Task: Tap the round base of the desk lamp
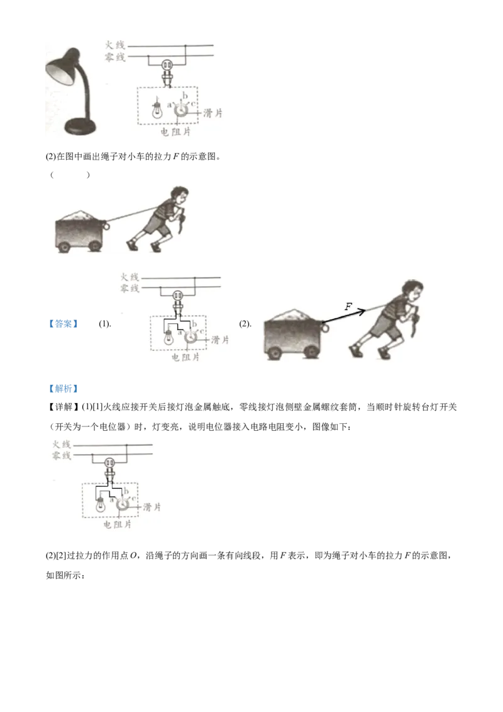81,126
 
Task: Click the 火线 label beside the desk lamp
115,45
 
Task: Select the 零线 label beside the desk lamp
115,57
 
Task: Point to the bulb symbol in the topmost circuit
157,109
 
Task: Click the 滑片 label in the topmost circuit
213,113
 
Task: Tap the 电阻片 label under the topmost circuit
175,131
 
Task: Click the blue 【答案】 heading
63,324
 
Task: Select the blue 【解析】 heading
63,389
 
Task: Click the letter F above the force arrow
348,306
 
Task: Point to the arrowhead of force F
361,311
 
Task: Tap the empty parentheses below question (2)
70,175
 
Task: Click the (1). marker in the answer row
105,324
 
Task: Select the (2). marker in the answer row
245,324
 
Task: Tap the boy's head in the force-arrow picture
411,290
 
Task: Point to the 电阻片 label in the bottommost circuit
117,525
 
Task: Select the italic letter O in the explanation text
133,556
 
